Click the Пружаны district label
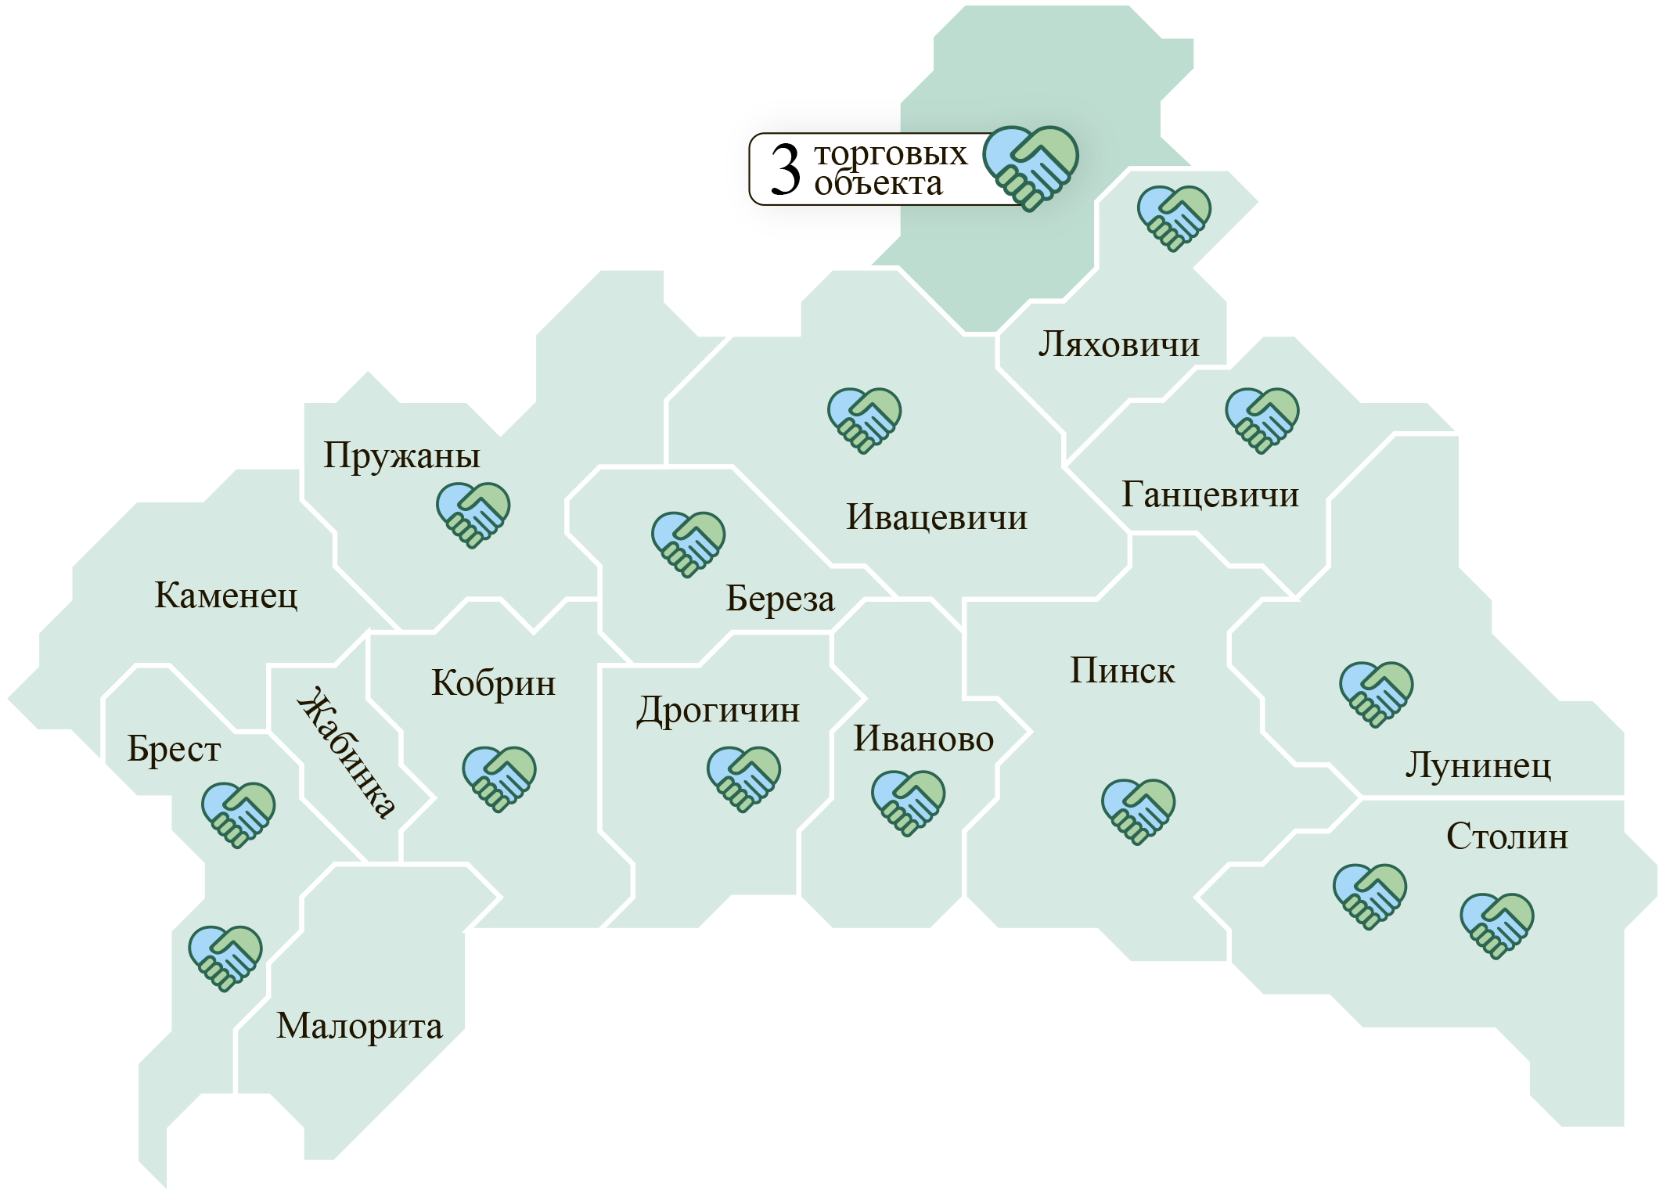click(401, 456)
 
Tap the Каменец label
click(226, 596)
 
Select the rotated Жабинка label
click(345, 752)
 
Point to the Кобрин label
click(493, 684)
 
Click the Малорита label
click(359, 1026)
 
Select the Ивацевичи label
click(936, 518)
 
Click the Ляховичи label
click(1118, 344)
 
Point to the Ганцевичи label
click(1210, 495)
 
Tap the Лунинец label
click(1478, 765)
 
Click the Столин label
click(1506, 837)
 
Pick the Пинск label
click(1122, 671)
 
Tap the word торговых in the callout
click(891, 153)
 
